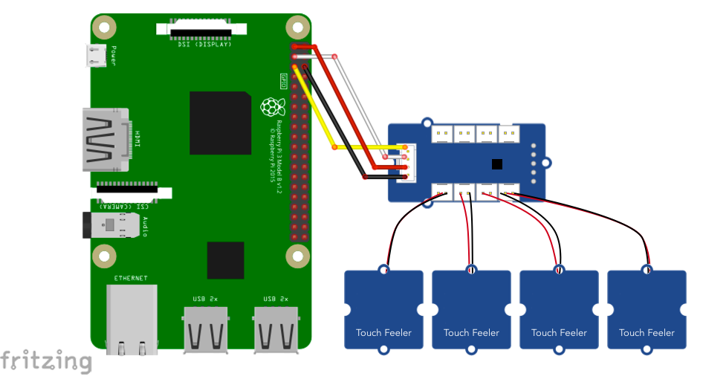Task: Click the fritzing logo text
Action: point(46,361)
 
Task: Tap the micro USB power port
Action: point(95,55)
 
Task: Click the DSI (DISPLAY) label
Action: point(204,45)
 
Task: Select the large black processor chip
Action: point(220,123)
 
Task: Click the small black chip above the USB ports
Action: point(226,260)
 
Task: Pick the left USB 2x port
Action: point(204,327)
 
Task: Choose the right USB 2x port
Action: point(275,327)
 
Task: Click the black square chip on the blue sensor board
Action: point(497,164)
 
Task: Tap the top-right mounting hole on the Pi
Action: point(297,27)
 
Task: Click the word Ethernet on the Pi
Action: point(130,278)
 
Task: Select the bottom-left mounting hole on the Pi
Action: point(104,256)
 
